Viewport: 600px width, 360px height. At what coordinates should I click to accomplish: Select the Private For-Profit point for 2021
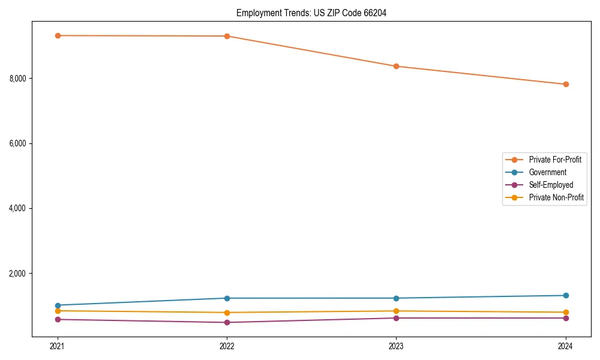tap(58, 35)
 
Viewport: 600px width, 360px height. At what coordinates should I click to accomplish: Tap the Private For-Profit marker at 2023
tap(396, 66)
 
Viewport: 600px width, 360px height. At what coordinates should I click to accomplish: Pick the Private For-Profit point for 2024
tap(566, 84)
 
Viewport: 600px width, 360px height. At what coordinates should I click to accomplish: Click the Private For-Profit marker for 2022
tap(227, 36)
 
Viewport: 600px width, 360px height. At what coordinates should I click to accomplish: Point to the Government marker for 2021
tap(58, 305)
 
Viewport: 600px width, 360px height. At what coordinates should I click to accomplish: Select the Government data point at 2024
tap(566, 295)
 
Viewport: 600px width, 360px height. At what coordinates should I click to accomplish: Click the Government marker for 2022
tap(227, 298)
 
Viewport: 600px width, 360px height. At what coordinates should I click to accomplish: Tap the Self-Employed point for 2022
tap(227, 322)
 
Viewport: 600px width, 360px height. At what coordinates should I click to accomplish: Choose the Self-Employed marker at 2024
tap(566, 318)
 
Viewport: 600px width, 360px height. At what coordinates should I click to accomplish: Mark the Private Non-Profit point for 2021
tap(58, 311)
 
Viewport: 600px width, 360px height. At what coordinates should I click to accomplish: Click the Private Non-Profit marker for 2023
tap(396, 311)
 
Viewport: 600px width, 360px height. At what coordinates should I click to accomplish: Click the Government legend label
tap(547, 172)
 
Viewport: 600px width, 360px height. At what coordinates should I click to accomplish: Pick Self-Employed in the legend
tap(551, 185)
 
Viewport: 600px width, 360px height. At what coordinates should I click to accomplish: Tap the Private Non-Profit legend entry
tap(556, 197)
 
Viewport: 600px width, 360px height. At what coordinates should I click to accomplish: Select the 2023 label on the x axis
tap(396, 346)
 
